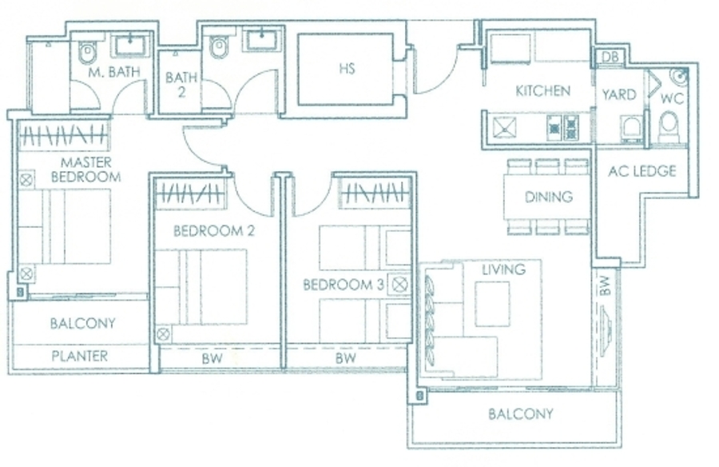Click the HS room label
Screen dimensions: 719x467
click(x=348, y=69)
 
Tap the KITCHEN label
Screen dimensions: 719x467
click(x=543, y=91)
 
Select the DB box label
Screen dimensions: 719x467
click(x=610, y=58)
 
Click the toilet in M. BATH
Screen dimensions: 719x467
click(x=86, y=52)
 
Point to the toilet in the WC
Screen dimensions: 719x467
click(x=669, y=126)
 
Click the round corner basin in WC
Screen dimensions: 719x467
click(x=679, y=76)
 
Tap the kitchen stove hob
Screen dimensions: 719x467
click(x=562, y=127)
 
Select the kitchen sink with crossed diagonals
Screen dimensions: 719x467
click(x=504, y=127)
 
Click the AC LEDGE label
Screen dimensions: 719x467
click(x=642, y=171)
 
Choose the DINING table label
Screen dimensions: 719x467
click(x=548, y=197)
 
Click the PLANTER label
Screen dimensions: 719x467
click(x=79, y=356)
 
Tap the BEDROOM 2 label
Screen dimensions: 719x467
click(x=213, y=230)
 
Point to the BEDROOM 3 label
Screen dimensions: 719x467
click(x=344, y=285)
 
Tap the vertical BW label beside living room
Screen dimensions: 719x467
click(x=606, y=285)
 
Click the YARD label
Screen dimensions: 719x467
click(x=619, y=94)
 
